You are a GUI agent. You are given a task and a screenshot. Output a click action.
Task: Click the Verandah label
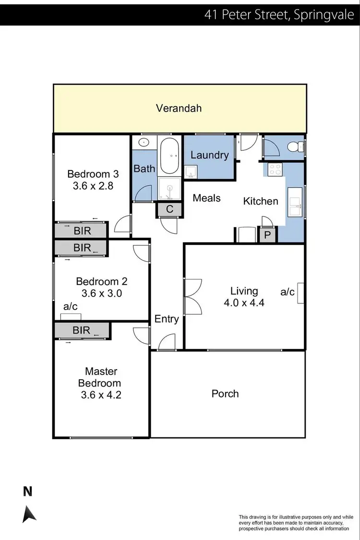tap(179, 108)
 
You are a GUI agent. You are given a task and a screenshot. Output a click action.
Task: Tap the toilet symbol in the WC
tap(294, 147)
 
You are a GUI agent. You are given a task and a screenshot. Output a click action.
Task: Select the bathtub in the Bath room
tap(169, 156)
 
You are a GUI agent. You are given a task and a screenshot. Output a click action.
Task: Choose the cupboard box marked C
tap(169, 210)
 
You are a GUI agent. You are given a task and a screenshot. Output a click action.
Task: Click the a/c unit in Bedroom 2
tap(71, 316)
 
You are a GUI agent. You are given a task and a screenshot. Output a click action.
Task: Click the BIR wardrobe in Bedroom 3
tap(82, 230)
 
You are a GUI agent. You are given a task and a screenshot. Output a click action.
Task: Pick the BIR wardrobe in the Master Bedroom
tap(82, 330)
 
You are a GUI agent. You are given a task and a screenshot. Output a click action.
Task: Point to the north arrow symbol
tap(29, 514)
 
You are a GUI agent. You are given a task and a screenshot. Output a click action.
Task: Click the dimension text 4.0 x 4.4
tap(244, 302)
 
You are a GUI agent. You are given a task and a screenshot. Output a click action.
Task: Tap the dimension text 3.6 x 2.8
tap(93, 186)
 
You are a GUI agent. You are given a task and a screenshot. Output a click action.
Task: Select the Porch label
tap(225, 394)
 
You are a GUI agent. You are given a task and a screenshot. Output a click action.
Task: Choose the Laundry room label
tap(209, 155)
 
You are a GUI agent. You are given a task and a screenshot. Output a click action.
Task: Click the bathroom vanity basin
tap(143, 143)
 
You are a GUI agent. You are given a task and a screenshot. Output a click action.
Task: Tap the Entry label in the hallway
tap(167, 319)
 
